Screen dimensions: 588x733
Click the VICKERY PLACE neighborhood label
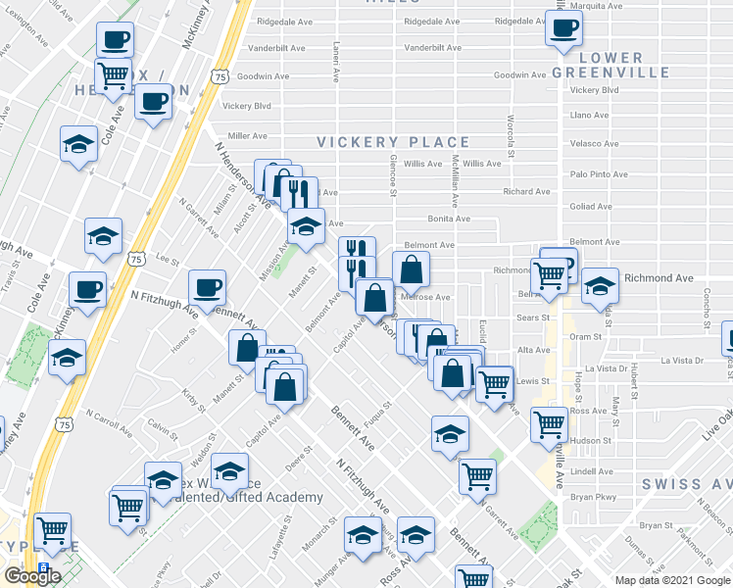click(x=393, y=143)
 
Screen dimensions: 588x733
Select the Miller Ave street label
click(x=248, y=136)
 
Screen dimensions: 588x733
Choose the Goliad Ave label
click(x=590, y=207)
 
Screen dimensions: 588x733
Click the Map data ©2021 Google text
click(x=672, y=580)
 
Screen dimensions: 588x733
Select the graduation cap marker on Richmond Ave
click(x=600, y=286)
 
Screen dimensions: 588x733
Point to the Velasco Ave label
click(x=593, y=143)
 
